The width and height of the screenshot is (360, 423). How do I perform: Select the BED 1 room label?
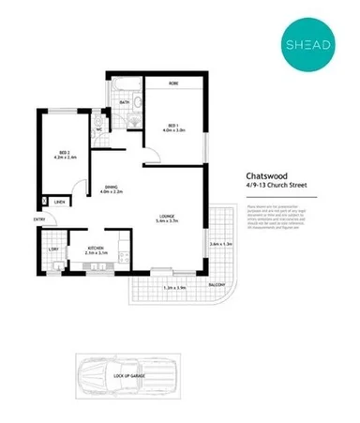click(x=173, y=124)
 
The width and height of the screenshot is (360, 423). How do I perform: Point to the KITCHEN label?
click(x=97, y=248)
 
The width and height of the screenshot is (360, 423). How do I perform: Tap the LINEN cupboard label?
click(x=59, y=202)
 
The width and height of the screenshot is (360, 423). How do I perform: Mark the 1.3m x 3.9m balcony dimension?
click(x=174, y=288)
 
